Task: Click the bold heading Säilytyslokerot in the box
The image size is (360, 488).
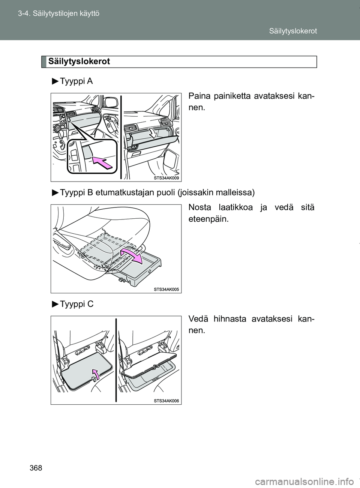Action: (x=79, y=62)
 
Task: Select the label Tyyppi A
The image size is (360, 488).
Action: (x=76, y=81)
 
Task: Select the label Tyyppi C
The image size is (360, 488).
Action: (x=76, y=304)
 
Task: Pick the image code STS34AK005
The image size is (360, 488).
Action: (x=166, y=289)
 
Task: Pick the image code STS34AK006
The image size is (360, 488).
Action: (x=166, y=401)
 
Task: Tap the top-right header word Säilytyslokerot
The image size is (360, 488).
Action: (x=292, y=31)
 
